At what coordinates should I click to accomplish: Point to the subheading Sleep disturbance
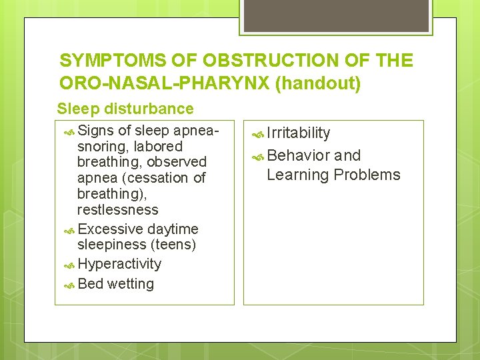point(125,109)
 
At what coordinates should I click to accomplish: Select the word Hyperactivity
point(119,264)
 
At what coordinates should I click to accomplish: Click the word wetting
point(131,284)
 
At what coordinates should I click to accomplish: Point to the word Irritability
point(299,133)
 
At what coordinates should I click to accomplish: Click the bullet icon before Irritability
point(259,134)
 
